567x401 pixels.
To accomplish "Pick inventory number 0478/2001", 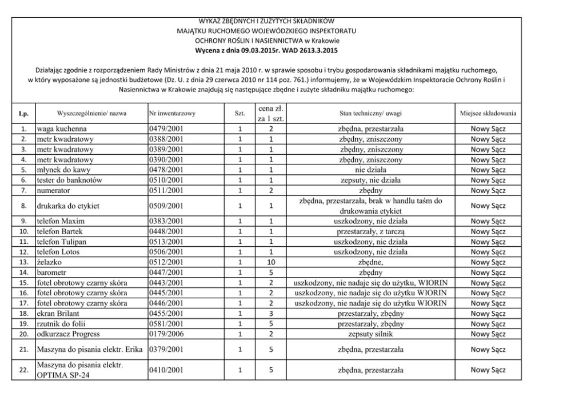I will pos(166,170).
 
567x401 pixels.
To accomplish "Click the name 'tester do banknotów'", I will pos(70,180).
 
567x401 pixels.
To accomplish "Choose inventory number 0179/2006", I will pos(166,334).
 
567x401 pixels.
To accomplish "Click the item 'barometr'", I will pos(53,272).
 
